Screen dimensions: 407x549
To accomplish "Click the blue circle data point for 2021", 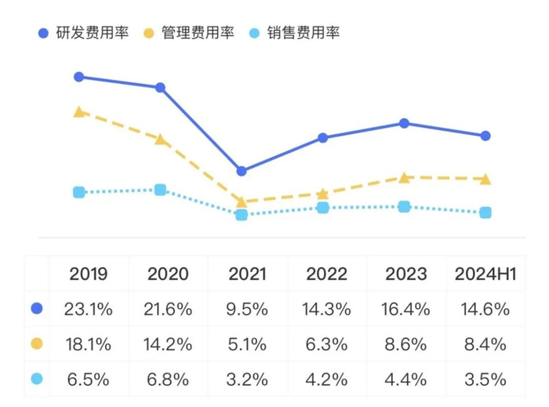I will pyautogui.click(x=242, y=171).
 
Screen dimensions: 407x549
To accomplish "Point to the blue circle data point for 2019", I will pyautogui.click(x=78, y=77).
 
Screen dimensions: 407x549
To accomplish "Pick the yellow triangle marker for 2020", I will pyautogui.click(x=160, y=140).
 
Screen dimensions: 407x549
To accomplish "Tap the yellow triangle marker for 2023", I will pyautogui.click(x=404, y=177).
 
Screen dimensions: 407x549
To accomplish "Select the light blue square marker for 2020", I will pyautogui.click(x=160, y=190).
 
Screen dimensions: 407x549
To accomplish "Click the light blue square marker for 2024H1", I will pyautogui.click(x=485, y=213).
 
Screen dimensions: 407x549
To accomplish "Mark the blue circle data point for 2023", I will pyautogui.click(x=404, y=123).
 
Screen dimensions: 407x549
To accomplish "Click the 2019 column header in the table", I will pyautogui.click(x=89, y=274).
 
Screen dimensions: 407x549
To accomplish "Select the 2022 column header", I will pyautogui.click(x=326, y=274).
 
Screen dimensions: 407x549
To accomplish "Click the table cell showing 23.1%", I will pyautogui.click(x=89, y=309).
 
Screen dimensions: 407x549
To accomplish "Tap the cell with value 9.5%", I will pyautogui.click(x=247, y=309).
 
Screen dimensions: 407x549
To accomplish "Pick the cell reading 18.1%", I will pyautogui.click(x=89, y=344).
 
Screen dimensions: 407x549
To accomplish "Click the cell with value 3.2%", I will pyautogui.click(x=247, y=380).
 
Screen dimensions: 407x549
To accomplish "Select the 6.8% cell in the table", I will pyautogui.click(x=168, y=380).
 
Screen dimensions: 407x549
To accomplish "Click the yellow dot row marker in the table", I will pyautogui.click(x=36, y=344).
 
